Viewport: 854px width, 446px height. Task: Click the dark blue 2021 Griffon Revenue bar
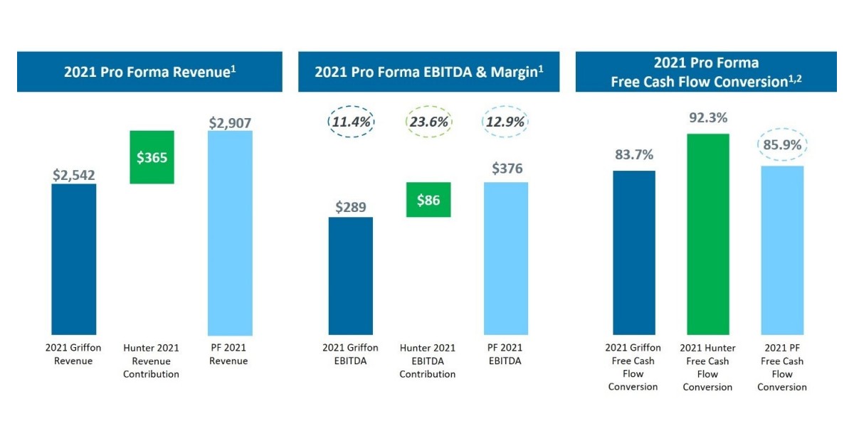(x=73, y=259)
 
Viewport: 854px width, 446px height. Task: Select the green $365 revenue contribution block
(x=152, y=157)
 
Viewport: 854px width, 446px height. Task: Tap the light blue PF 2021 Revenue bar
(x=230, y=233)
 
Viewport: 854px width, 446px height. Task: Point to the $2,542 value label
(x=73, y=174)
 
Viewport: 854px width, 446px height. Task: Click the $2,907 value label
(x=230, y=122)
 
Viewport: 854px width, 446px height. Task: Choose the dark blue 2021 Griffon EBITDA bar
(x=350, y=275)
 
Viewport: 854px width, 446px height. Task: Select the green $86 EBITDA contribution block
(x=428, y=200)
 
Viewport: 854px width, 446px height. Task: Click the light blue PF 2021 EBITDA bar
(x=506, y=258)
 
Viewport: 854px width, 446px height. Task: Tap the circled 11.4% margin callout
(x=350, y=122)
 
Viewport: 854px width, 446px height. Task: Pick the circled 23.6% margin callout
(x=428, y=122)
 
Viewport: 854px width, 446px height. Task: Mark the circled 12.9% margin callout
(x=506, y=122)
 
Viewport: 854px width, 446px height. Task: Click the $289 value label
(x=350, y=208)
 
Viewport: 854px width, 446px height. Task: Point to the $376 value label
(x=507, y=169)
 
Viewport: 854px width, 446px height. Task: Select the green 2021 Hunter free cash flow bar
(x=707, y=234)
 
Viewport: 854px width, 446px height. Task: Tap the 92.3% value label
(x=707, y=117)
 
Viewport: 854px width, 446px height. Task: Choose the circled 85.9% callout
(x=782, y=146)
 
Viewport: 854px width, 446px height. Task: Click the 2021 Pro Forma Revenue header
(x=149, y=71)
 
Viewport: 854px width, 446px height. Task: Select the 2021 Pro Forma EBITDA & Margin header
(x=428, y=71)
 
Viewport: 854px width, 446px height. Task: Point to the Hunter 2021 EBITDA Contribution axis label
(x=428, y=361)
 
